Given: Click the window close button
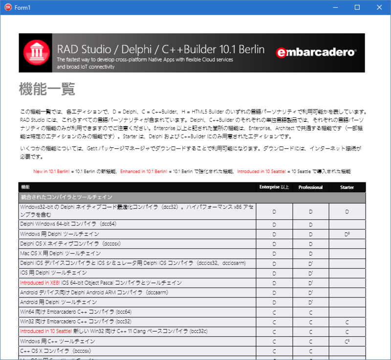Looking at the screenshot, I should tap(379, 7).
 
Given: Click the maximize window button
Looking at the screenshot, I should tap(357, 7).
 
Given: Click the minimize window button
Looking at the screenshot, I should tap(334, 7).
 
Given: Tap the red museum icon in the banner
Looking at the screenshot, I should tap(37, 53).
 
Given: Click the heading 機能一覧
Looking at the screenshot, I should tap(47, 90).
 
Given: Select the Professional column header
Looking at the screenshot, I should tap(310, 187).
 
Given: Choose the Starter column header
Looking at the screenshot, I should tap(347, 187).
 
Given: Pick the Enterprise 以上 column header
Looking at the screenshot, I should tap(274, 187).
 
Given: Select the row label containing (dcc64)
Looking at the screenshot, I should tap(68, 224).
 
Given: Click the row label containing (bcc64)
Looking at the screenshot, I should tap(76, 312).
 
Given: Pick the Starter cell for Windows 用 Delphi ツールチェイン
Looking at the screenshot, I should tap(347, 234).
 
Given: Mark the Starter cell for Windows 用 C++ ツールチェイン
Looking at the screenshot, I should tap(347, 341).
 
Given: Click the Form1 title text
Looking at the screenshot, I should tap(22, 7).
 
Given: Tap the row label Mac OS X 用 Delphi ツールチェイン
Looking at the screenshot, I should tap(61, 253).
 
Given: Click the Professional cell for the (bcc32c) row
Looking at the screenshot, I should tap(310, 331).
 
